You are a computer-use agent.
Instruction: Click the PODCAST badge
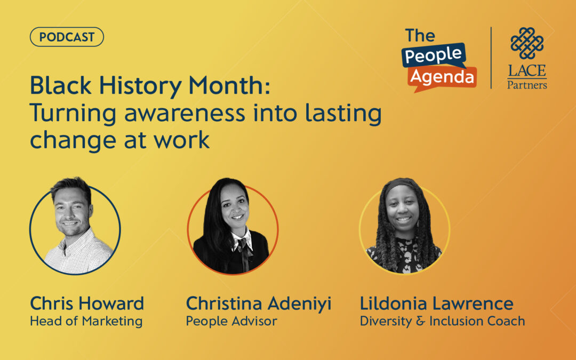(x=67, y=37)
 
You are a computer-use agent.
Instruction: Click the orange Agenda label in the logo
(x=442, y=78)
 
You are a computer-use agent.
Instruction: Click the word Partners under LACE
(x=527, y=85)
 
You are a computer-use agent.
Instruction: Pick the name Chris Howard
(x=87, y=304)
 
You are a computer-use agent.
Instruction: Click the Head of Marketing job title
(x=86, y=322)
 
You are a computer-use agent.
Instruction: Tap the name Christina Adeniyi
(x=259, y=304)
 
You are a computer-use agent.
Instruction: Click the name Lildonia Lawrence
(x=436, y=304)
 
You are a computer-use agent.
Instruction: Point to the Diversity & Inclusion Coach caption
(x=442, y=322)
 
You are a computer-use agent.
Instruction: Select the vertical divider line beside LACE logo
(x=491, y=58)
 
